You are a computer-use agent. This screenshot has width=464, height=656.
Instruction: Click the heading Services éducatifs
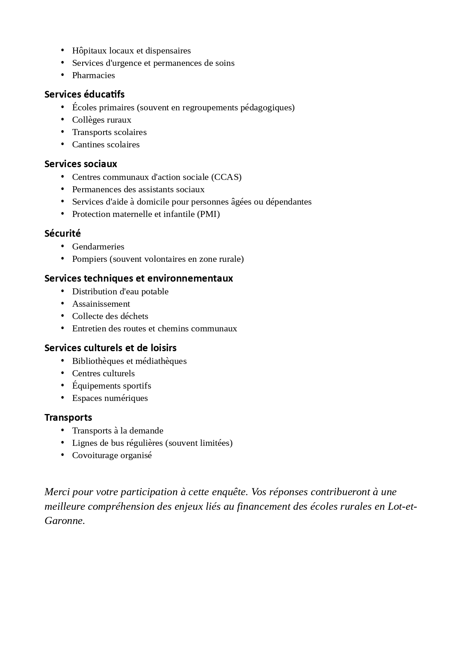tap(84, 94)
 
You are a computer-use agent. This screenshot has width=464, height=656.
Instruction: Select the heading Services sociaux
tap(80, 164)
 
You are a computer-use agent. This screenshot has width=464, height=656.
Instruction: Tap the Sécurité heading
tap(62, 233)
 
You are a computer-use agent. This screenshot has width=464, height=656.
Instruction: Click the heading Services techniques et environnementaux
tap(138, 278)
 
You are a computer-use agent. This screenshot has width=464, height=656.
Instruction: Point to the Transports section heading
tap(68, 417)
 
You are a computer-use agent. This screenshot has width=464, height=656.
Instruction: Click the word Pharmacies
tap(93, 75)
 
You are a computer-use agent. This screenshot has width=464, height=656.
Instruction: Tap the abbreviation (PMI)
tap(208, 214)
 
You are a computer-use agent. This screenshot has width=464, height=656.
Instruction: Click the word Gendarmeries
tap(98, 246)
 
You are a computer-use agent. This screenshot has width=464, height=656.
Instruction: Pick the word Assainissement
tap(101, 304)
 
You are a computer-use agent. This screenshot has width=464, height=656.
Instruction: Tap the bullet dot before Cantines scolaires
tap(63, 144)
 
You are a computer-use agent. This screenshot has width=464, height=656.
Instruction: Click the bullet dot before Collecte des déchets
tap(63, 316)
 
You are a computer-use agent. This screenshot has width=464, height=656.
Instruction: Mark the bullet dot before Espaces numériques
tap(63, 398)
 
